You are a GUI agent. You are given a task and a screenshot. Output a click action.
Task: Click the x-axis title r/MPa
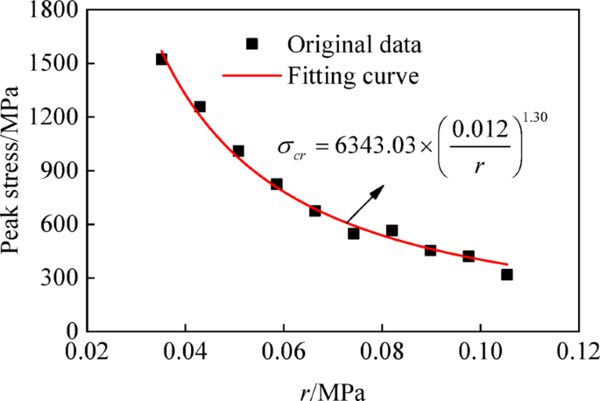tap(332, 388)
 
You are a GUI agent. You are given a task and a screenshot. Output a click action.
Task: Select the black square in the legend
tap(253, 43)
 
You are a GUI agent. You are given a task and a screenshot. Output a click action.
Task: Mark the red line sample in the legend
tap(252, 76)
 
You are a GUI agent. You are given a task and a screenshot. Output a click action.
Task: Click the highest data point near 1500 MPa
tap(161, 59)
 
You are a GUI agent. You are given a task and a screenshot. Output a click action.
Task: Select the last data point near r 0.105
tap(506, 275)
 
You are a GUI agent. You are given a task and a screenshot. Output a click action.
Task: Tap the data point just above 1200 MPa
tap(200, 107)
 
